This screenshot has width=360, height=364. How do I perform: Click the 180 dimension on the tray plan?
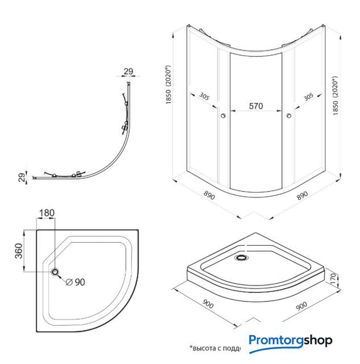47,213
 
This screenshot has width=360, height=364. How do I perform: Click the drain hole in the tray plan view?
56,272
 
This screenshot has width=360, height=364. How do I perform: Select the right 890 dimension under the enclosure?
302,195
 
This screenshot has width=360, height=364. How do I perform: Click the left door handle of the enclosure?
223,116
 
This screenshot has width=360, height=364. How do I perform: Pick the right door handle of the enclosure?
290,116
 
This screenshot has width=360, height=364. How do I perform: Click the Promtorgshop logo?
290,341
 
